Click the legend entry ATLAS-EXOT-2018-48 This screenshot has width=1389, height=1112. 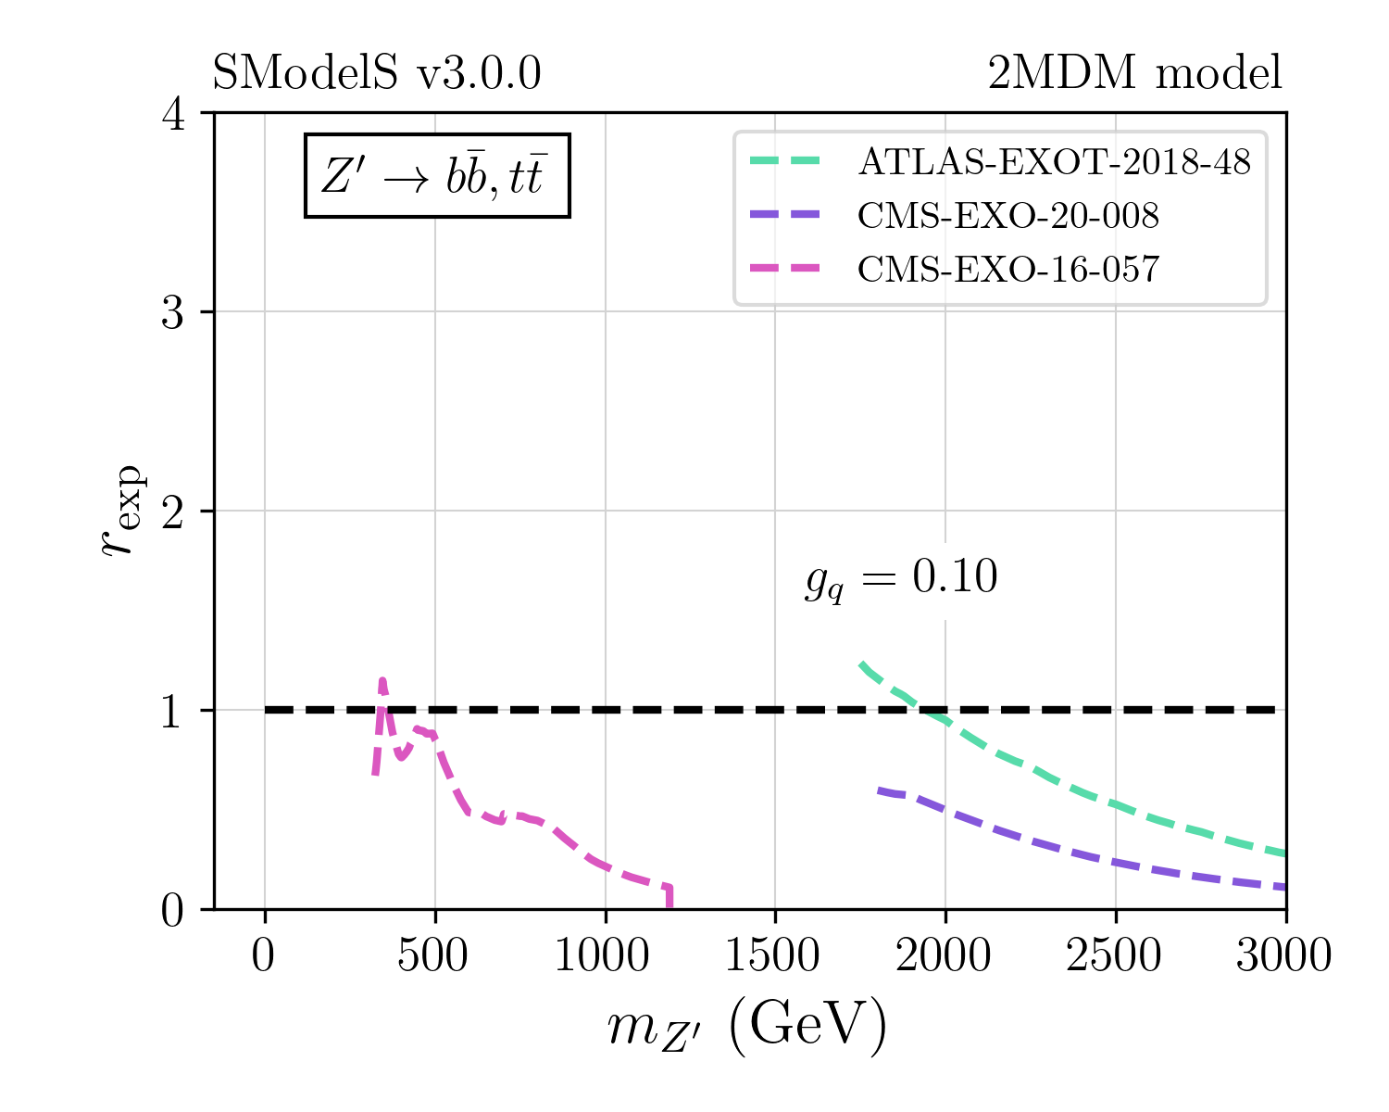click(x=1055, y=162)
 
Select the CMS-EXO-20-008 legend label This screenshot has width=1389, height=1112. click(x=1008, y=216)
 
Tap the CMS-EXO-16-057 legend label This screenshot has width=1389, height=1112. click(x=1008, y=270)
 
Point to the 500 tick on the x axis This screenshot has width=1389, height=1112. click(x=433, y=955)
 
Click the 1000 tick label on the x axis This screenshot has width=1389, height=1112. click(x=604, y=955)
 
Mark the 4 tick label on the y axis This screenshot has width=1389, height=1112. click(x=174, y=114)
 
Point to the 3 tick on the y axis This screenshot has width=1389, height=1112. click(x=174, y=312)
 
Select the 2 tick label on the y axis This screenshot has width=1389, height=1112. click(x=174, y=512)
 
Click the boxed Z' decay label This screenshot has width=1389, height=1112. click(x=437, y=176)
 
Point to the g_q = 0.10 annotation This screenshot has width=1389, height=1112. click(x=901, y=579)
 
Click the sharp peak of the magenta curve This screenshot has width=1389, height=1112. click(x=382, y=681)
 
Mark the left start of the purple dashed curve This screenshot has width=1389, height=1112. click(x=878, y=790)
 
